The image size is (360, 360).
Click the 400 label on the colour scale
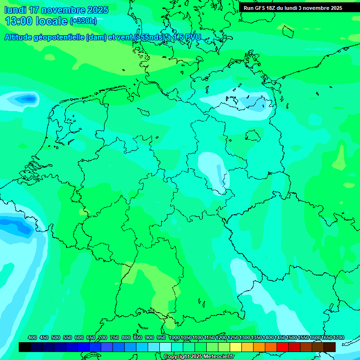point(32,337)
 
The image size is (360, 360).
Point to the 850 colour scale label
point(138,337)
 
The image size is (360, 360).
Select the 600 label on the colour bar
point(79,337)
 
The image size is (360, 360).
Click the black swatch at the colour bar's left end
point(25,347)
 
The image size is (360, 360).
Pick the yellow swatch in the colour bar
point(236,347)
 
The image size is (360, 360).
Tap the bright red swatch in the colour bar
point(283,347)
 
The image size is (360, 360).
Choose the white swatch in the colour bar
point(165,347)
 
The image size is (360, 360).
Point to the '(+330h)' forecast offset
point(83,21)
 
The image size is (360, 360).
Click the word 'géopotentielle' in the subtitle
point(59,38)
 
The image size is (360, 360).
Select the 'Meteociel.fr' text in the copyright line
point(219,357)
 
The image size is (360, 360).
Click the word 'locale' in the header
point(51,21)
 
